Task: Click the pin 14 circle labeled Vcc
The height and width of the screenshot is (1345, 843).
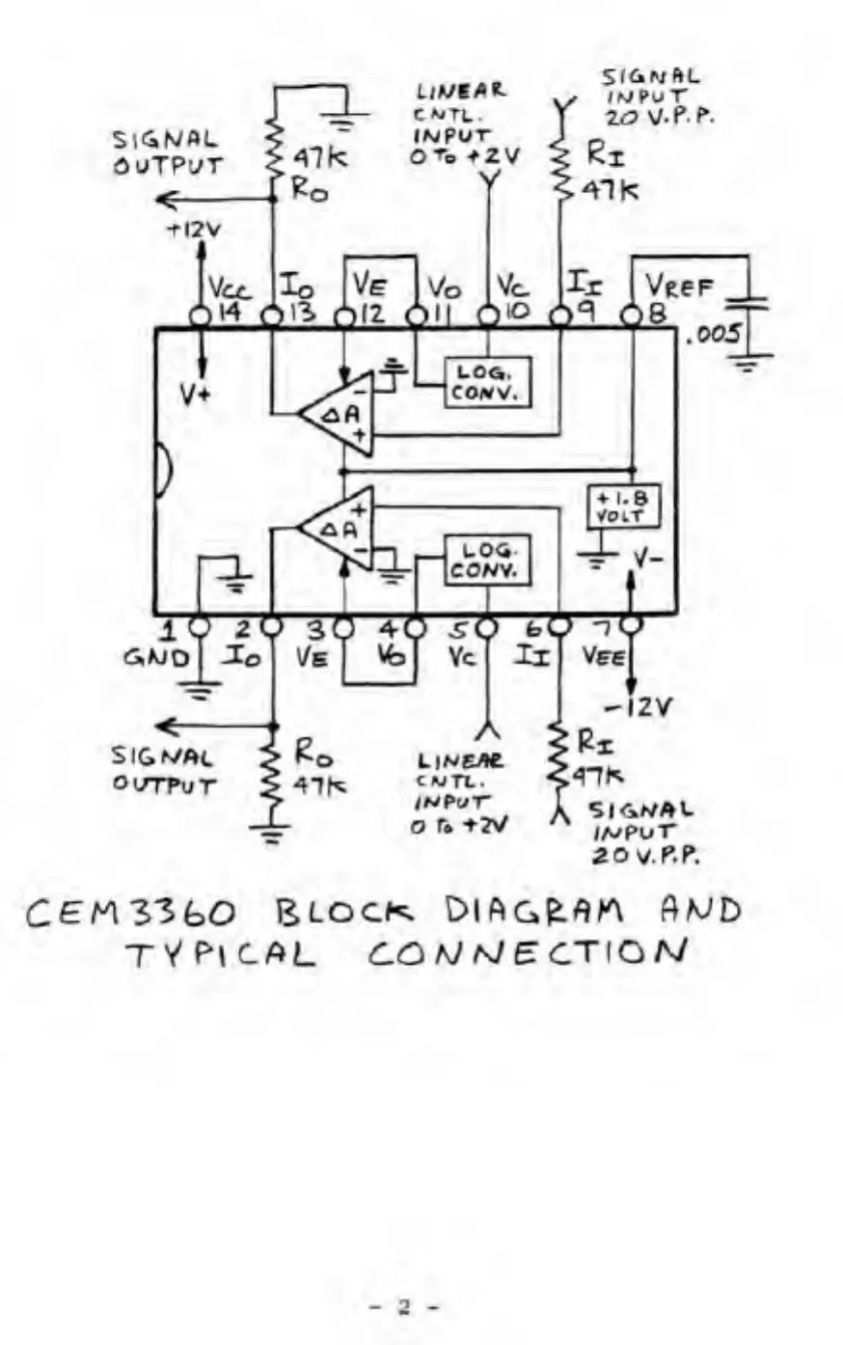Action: tap(201, 316)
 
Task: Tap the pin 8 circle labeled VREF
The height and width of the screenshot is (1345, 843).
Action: tap(632, 316)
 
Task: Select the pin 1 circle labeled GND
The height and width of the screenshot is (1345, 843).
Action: tap(199, 626)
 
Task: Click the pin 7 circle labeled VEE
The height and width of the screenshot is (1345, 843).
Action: tap(631, 626)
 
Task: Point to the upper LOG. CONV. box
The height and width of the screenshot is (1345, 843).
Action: tap(487, 382)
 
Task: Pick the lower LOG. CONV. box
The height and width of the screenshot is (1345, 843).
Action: tap(487, 560)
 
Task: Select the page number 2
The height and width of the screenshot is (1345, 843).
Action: tap(405, 1308)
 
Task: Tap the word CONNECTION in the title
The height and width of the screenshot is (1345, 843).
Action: tap(527, 954)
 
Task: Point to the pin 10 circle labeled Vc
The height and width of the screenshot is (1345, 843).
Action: tap(489, 316)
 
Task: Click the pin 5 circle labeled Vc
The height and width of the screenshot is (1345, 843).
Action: tap(487, 626)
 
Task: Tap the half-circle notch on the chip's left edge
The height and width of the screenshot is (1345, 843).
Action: tap(163, 473)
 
